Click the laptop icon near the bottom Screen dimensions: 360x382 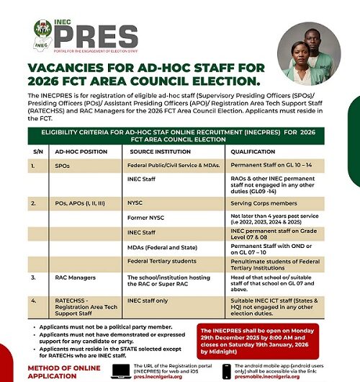coord(120,369)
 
